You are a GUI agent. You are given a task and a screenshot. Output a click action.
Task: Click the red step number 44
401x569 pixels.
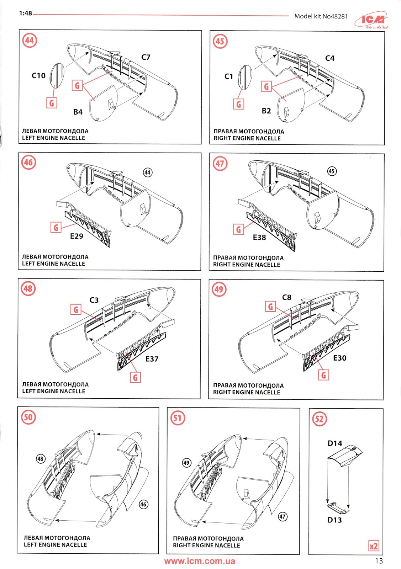tap(30, 41)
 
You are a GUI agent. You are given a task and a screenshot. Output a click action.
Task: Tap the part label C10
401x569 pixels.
tap(38, 75)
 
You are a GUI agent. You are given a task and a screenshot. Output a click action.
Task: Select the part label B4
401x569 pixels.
tap(78, 112)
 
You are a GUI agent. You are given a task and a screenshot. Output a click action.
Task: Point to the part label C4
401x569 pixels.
tap(330, 58)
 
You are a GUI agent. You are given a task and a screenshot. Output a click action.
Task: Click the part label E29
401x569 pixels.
tap(76, 236)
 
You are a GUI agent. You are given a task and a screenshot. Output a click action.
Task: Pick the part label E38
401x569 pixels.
tap(259, 238)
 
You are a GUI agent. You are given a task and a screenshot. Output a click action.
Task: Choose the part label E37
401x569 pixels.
tap(152, 359)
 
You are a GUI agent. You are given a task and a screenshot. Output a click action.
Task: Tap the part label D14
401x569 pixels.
tap(335, 443)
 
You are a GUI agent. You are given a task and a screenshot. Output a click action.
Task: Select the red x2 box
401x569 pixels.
tap(374, 546)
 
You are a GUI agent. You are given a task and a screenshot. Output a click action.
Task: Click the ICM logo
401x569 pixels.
tap(371, 20)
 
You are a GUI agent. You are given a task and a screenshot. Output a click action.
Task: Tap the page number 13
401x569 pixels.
tap(379, 560)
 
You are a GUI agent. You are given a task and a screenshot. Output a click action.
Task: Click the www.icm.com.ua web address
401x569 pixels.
tap(200, 561)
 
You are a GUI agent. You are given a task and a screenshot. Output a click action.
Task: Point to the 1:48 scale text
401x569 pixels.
tap(25, 13)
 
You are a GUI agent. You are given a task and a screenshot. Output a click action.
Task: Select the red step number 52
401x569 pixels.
tap(319, 419)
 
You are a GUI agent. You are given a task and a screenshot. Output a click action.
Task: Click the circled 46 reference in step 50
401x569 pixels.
tap(143, 504)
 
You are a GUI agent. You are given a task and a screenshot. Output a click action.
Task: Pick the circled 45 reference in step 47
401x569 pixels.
tap(332, 171)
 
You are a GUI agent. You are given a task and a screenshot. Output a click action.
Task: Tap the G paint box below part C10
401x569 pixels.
tap(52, 103)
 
